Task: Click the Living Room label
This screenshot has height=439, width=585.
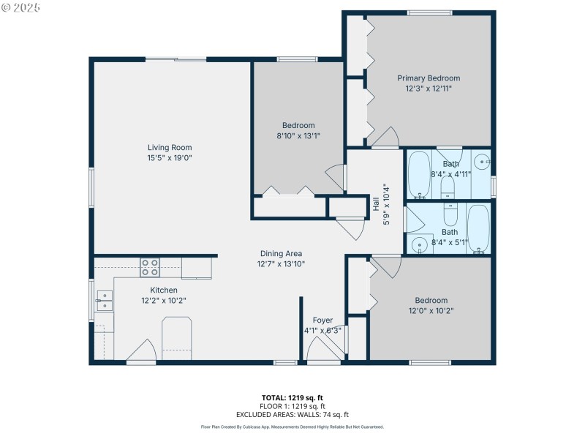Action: tap(170, 148)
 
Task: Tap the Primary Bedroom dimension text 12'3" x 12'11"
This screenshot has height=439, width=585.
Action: tap(429, 89)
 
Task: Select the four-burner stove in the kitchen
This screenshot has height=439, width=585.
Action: tap(150, 268)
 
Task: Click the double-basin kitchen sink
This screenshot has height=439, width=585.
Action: tap(105, 300)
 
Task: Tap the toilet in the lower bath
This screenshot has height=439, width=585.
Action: tap(450, 215)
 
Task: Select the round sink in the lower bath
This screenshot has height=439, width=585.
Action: tap(420, 244)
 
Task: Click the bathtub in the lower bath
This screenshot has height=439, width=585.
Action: tap(478, 228)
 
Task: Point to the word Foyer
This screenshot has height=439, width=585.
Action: tap(322, 320)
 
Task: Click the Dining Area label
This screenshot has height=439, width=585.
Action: tap(280, 254)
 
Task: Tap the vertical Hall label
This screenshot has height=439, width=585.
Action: tap(376, 204)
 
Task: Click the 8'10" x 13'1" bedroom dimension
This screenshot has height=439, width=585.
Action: tap(298, 135)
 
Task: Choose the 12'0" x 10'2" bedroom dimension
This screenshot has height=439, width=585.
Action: tap(431, 310)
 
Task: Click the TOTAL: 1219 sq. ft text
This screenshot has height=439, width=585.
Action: tap(292, 398)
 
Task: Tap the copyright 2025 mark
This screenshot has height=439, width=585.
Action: tap(21, 7)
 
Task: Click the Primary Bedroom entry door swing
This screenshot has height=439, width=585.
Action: tap(385, 137)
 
